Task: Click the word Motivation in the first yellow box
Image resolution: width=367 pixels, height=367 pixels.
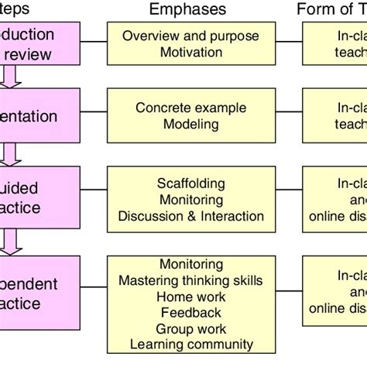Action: [190, 52]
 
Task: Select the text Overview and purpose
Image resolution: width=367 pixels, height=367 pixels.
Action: [190, 36]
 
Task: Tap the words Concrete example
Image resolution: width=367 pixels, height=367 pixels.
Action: [190, 108]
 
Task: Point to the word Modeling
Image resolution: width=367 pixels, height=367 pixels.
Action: [190, 124]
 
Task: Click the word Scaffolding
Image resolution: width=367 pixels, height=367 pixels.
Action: [190, 183]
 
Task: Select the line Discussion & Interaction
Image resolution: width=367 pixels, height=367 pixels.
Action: [190, 216]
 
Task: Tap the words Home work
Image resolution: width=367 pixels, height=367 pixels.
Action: [190, 297]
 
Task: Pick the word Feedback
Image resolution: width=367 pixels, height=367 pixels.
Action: [190, 312]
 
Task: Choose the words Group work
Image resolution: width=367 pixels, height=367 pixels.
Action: [190, 328]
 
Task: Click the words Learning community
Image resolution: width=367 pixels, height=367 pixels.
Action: [190, 345]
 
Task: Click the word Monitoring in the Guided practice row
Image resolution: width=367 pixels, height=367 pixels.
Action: [190, 200]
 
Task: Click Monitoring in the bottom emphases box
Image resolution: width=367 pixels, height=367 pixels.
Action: [190, 264]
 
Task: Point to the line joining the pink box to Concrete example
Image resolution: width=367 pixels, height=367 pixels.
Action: [94, 116]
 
